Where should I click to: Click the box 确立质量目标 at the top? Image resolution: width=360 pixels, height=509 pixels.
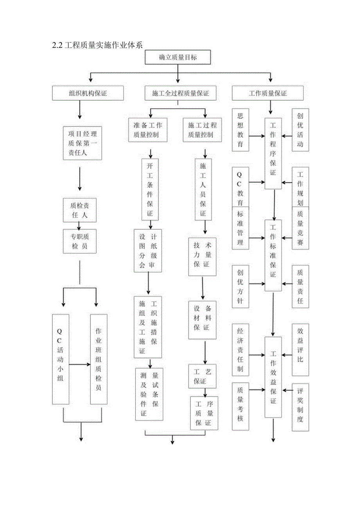[178, 57]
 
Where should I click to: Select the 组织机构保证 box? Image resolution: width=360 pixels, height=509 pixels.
[83, 93]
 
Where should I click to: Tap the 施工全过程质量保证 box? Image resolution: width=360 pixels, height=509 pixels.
[180, 93]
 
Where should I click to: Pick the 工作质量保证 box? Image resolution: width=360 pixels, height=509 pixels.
[268, 93]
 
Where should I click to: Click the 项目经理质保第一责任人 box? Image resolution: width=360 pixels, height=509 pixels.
[83, 143]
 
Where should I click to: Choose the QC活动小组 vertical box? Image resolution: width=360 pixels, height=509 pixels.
[61, 359]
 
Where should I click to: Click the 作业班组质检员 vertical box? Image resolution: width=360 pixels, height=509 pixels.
[99, 359]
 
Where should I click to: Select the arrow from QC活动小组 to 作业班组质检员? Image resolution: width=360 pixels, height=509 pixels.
[79, 364]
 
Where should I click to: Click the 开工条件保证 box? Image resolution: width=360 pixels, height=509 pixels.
[150, 189]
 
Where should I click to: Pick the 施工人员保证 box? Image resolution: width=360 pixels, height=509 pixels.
[203, 189]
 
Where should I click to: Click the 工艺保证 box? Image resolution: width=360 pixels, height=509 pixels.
[202, 376]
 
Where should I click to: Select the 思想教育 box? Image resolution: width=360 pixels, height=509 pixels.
[240, 130]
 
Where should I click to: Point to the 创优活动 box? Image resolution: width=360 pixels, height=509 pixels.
[300, 130]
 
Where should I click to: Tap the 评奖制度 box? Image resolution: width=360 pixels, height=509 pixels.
[300, 405]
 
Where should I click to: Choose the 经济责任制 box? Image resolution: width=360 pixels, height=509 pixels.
[240, 349]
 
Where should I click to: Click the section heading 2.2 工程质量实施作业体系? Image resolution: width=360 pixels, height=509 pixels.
[97, 45]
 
